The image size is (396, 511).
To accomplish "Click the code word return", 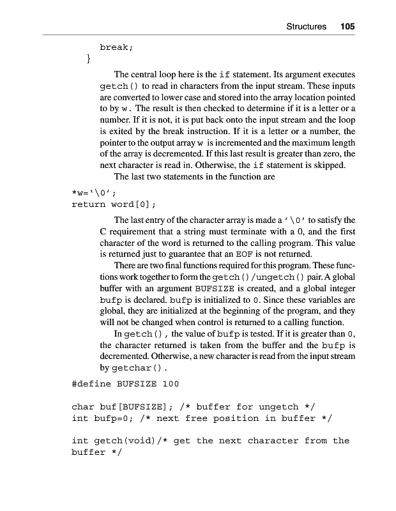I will tap(89, 204).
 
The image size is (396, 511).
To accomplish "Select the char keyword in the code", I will tap(83, 406).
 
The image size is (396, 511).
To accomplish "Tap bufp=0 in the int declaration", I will tap(115, 418).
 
